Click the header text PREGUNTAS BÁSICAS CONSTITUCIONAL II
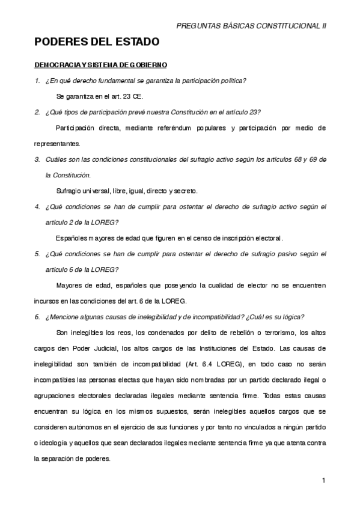pyautogui.click(x=251, y=26)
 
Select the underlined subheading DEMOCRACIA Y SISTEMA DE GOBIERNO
pyautogui.click(x=100, y=64)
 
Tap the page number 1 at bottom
pyautogui.click(x=323, y=480)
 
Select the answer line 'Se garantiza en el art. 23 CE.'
pyautogui.click(x=99, y=96)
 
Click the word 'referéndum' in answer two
pyautogui.click(x=165, y=128)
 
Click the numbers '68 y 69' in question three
pyautogui.click(x=302, y=159)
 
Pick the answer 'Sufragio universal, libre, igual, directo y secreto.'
pyautogui.click(x=127, y=191)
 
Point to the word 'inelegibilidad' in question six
pyautogui.click(x=149, y=317)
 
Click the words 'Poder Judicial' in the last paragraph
pyautogui.click(x=97, y=348)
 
